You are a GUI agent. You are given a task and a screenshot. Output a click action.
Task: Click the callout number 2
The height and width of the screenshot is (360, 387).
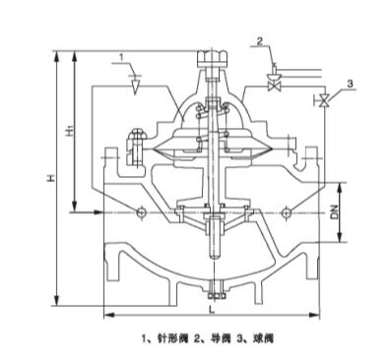click(x=260, y=41)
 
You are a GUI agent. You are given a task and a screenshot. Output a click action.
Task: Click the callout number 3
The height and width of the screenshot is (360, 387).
click(x=350, y=84)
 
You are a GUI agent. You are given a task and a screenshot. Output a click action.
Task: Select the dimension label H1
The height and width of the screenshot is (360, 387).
click(x=69, y=130)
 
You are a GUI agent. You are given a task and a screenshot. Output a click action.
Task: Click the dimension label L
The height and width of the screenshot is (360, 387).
click(x=213, y=310)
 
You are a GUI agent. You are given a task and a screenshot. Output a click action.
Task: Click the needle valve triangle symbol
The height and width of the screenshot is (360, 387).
click(x=135, y=86)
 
